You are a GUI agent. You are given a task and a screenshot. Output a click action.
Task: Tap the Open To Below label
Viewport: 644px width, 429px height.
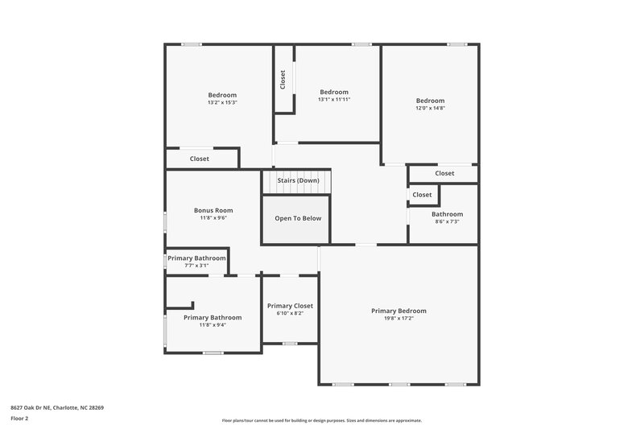point(298,218)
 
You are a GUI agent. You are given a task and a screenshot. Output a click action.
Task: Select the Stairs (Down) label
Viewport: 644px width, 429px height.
point(299,180)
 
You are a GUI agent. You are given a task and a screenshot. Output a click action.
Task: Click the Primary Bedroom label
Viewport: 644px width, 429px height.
point(398,311)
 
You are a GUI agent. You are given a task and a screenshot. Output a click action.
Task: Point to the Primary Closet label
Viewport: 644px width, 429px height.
point(290,306)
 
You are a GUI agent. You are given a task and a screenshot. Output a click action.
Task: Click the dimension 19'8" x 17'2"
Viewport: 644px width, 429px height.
point(398,318)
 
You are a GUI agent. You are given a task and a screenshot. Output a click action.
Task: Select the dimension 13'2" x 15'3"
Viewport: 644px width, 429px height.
point(222,102)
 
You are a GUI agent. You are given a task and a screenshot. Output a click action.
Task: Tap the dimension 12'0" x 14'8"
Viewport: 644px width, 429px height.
point(430,107)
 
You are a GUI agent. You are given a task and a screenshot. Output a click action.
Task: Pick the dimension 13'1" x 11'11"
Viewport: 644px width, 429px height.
point(334,99)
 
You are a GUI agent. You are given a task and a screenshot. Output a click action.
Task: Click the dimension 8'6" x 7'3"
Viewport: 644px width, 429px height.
point(447,221)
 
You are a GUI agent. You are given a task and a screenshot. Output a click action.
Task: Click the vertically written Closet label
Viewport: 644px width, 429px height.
point(283,79)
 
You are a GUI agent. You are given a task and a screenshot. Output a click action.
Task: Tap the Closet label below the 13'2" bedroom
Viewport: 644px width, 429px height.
point(200,159)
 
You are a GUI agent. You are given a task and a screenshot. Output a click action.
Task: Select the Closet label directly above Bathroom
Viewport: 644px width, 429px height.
point(422,195)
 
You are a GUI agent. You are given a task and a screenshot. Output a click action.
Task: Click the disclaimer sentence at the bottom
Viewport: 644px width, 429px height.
point(321,420)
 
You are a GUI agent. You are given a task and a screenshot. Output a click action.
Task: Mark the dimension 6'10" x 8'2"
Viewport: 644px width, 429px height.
point(290,313)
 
